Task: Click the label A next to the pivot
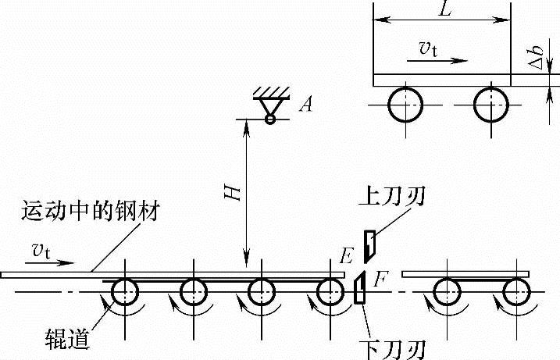[305, 105]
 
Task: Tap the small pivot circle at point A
[269, 119]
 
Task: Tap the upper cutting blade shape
[369, 244]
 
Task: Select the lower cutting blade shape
[360, 288]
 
